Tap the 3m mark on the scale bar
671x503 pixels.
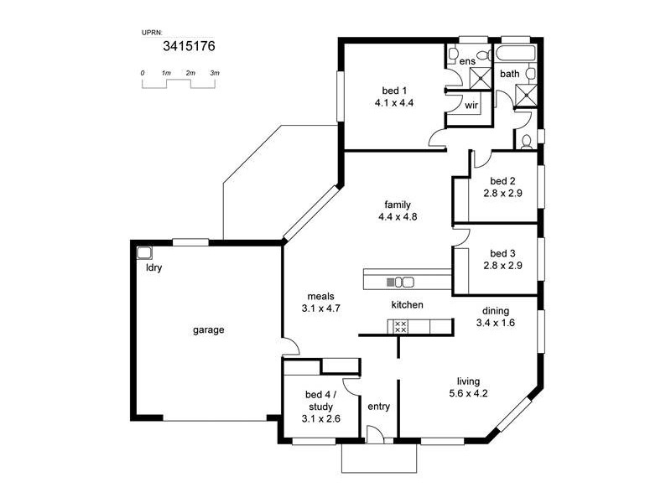215,74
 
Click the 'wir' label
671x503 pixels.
471,106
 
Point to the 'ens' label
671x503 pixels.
467,61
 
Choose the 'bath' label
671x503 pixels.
510,74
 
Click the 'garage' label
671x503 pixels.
209,329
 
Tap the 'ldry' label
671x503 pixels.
153,268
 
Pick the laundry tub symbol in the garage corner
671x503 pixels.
144,251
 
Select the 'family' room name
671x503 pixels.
398,205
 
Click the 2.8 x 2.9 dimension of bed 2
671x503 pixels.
502,193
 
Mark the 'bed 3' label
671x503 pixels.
502,254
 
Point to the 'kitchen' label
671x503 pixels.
407,304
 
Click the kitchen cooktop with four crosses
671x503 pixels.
400,327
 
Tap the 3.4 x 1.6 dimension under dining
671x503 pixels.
496,322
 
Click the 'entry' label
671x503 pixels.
379,407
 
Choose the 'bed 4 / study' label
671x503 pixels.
320,400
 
